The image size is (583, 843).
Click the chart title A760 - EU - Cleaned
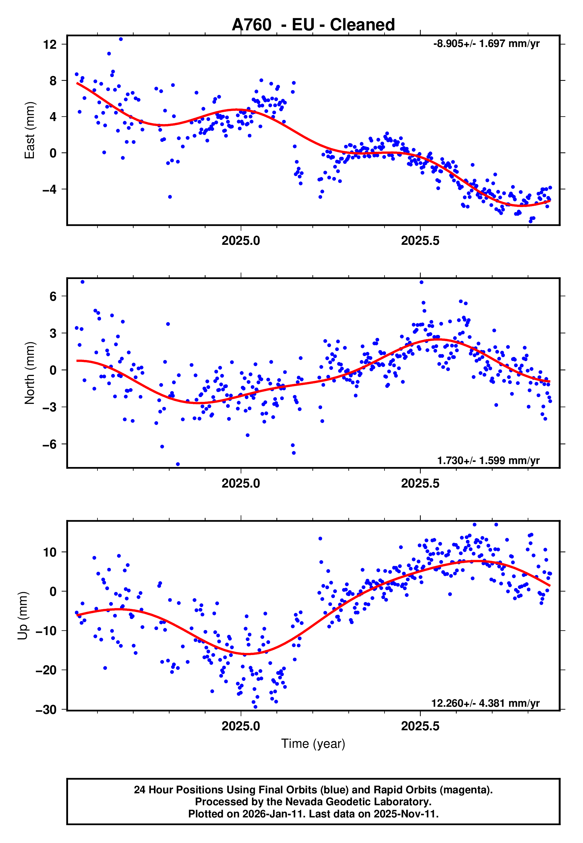click(x=313, y=25)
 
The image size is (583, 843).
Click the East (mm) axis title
click(x=30, y=131)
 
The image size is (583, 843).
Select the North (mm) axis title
click(x=30, y=373)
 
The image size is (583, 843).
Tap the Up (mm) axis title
click(x=23, y=616)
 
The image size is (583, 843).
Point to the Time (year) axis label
click(x=313, y=744)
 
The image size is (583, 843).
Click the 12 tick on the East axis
click(x=50, y=45)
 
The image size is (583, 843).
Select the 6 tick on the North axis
click(x=53, y=297)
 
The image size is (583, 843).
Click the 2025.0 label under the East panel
click(x=241, y=241)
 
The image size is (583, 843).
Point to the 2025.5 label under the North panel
click(x=420, y=484)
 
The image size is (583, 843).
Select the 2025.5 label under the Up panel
click(x=420, y=726)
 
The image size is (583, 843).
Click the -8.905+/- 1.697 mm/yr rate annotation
click(x=486, y=44)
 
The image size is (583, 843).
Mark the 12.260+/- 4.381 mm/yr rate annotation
click(x=485, y=703)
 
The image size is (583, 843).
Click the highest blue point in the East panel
click(x=121, y=39)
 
